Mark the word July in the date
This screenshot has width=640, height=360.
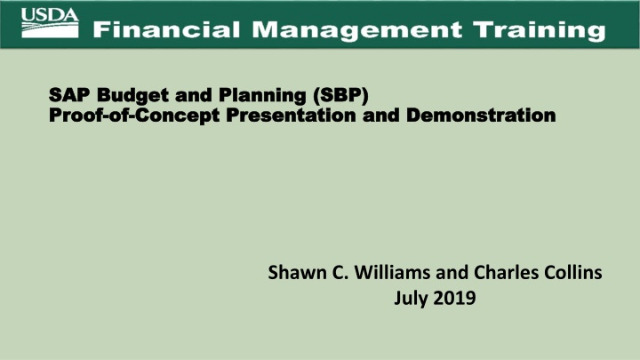[410, 300]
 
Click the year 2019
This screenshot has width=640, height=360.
[454, 300]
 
